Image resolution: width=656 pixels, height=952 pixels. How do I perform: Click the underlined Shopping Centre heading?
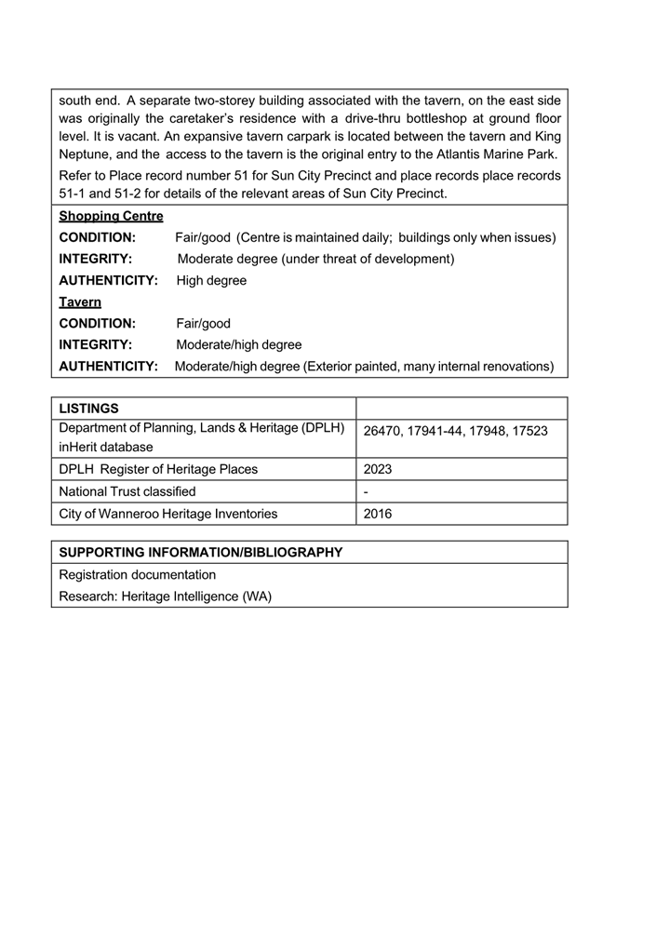click(x=111, y=216)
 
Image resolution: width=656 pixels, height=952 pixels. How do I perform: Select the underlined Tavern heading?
click(x=80, y=302)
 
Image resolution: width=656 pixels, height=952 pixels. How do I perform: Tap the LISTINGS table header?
click(x=88, y=409)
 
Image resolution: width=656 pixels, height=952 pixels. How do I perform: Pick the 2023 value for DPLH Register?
click(x=378, y=469)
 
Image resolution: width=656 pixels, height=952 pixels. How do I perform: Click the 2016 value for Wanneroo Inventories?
click(x=378, y=514)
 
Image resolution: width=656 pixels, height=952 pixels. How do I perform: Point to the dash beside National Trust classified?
click(x=366, y=491)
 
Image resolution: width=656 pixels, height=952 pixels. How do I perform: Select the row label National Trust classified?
click(x=127, y=491)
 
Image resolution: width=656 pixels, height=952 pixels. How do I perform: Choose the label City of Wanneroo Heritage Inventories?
click(x=167, y=514)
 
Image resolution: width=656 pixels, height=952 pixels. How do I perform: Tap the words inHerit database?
click(x=106, y=447)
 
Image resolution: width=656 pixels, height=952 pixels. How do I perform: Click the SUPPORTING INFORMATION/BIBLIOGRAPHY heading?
click(x=201, y=553)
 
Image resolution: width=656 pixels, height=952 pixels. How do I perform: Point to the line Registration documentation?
click(x=137, y=575)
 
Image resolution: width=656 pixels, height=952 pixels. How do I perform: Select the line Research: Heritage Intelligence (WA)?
click(x=165, y=597)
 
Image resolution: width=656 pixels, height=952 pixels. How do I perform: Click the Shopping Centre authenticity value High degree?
click(x=211, y=280)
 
